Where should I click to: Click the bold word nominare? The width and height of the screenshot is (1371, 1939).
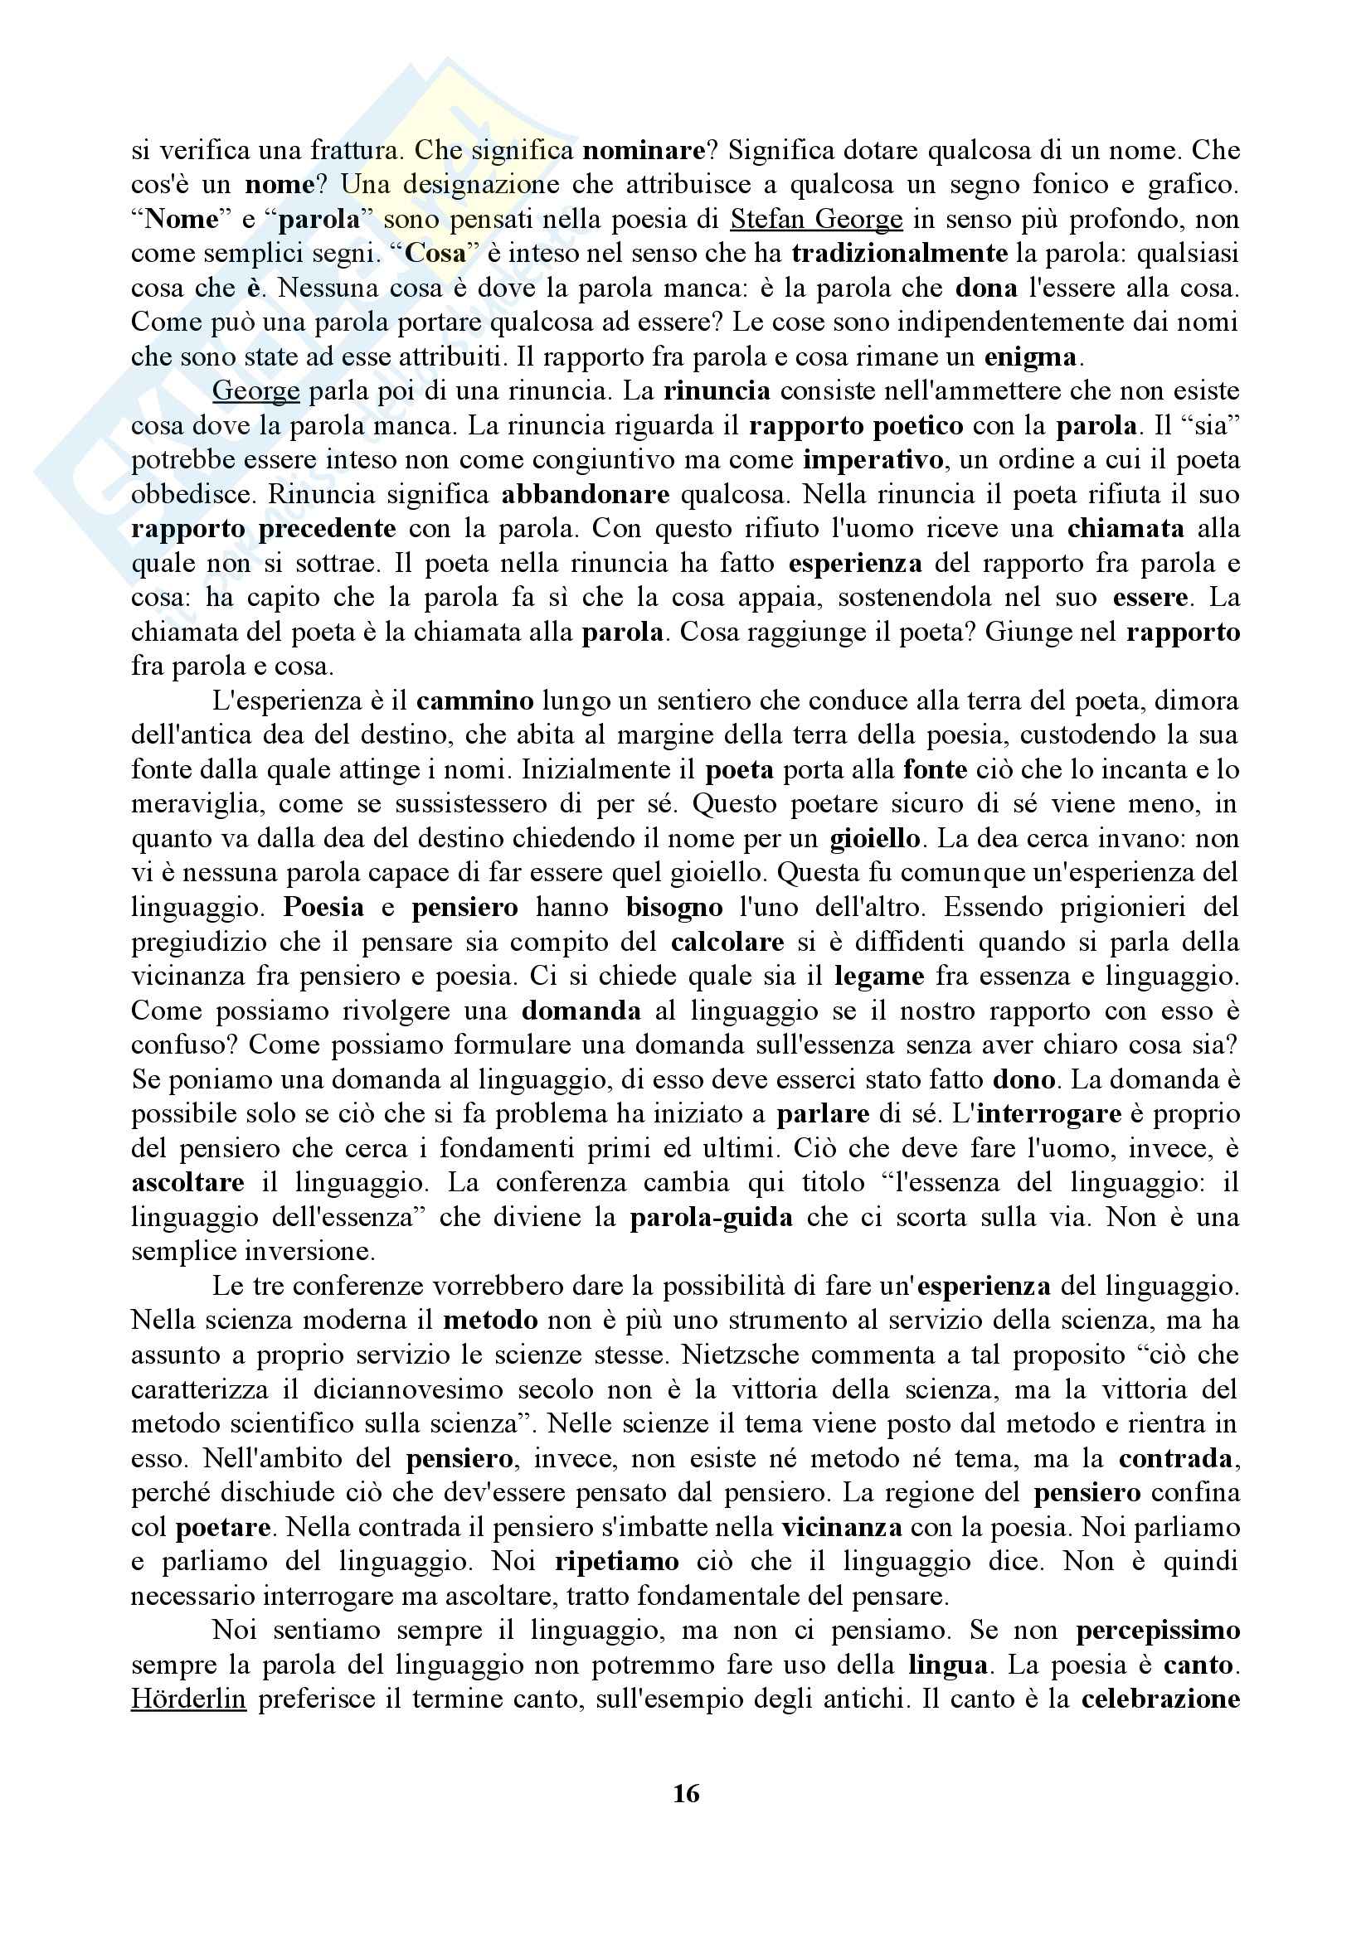pos(644,151)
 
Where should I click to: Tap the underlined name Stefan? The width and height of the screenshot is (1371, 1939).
pos(766,220)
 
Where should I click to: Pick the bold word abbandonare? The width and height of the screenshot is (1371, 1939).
pos(586,495)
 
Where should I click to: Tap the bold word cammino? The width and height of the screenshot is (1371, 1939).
pos(475,701)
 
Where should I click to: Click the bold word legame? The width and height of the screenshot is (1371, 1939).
pos(878,977)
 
